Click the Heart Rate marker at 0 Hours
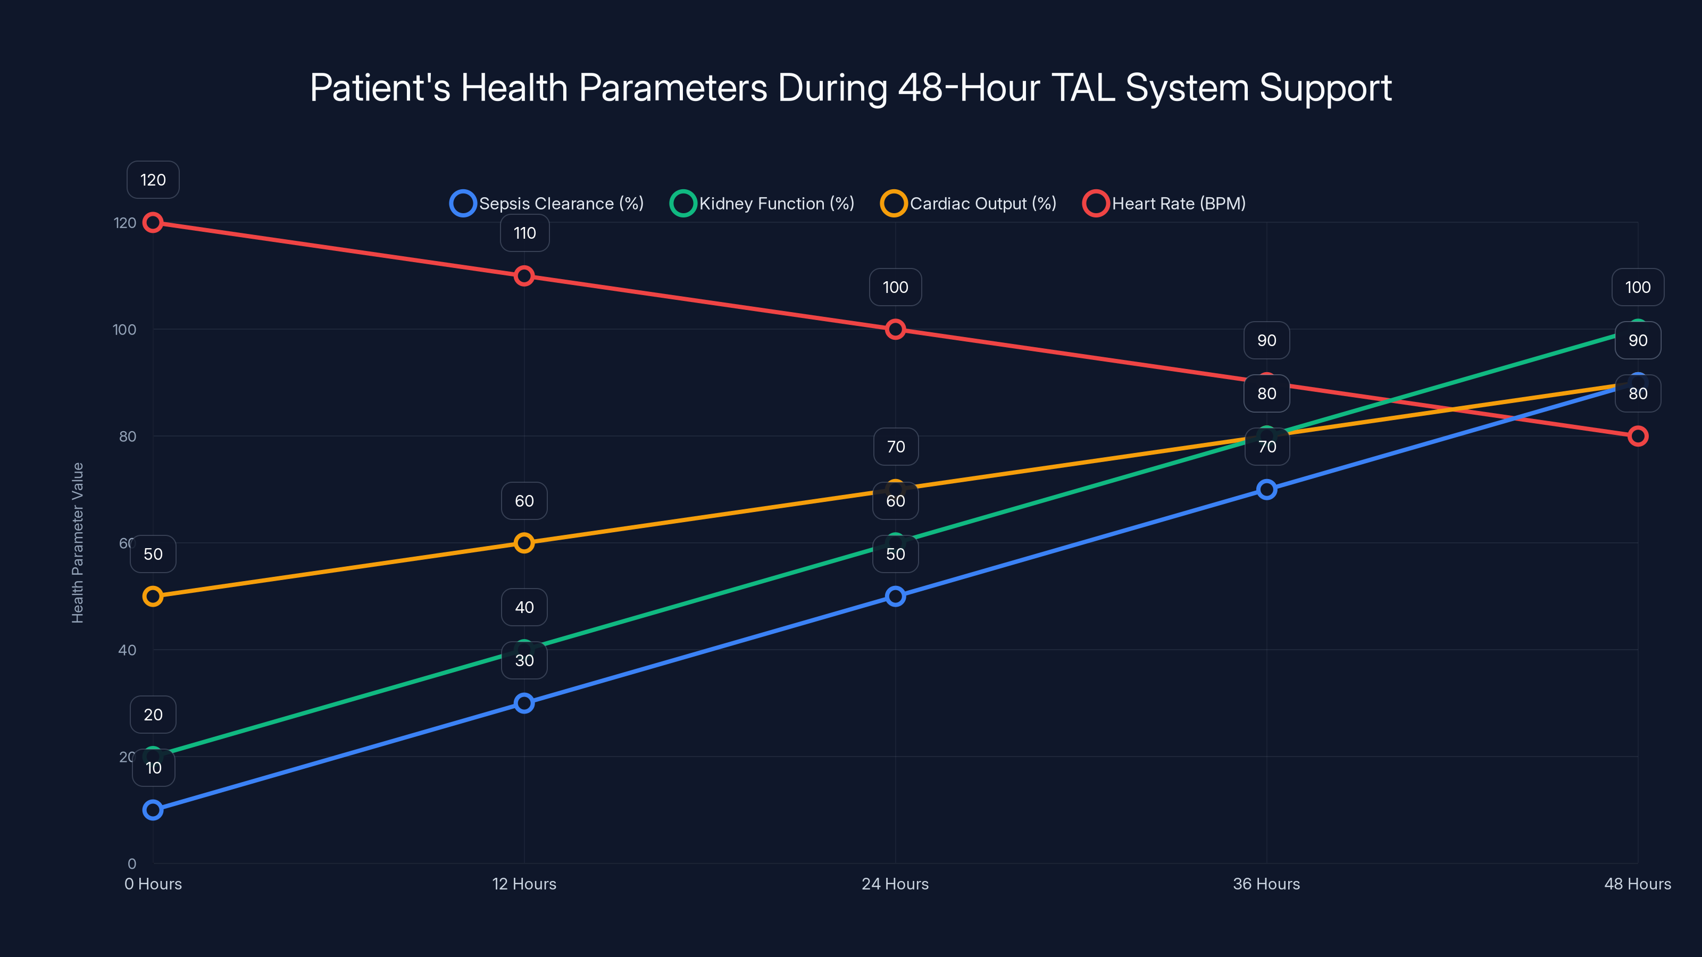pos(153,223)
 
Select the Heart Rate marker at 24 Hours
pos(895,329)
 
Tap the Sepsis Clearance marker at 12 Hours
pos(524,703)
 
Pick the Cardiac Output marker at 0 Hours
pos(153,597)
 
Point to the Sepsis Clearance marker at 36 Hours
pos(1266,489)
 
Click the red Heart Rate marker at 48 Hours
pos(1638,436)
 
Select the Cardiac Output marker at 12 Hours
pos(524,543)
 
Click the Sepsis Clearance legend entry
pos(547,204)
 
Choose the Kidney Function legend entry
pos(763,204)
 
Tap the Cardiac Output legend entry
pos(969,204)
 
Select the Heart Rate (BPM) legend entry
pos(1165,204)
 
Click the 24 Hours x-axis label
pos(895,884)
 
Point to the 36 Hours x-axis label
pos(1266,884)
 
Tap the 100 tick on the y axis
pos(124,330)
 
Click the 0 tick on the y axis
pos(131,863)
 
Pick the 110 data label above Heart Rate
pos(524,233)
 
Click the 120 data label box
pos(153,180)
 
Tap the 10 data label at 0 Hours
pos(153,767)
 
